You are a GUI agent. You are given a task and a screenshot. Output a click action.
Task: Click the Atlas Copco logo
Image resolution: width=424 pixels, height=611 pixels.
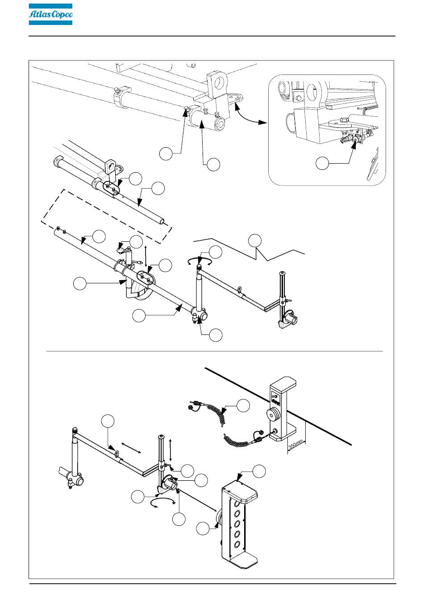click(50, 14)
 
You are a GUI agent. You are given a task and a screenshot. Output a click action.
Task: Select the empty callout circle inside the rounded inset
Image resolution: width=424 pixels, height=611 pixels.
click(322, 163)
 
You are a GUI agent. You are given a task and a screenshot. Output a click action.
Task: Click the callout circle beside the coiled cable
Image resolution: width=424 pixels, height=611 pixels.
click(243, 405)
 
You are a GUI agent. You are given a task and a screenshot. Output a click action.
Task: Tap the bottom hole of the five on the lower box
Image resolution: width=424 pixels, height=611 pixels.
click(237, 544)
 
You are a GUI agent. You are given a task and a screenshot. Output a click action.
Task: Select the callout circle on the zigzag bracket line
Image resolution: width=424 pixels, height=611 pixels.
click(255, 240)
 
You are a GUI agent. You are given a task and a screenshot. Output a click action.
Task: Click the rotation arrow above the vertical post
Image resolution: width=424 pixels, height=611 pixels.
click(200, 262)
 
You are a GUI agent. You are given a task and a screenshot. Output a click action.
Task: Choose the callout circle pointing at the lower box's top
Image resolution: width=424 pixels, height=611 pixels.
click(259, 471)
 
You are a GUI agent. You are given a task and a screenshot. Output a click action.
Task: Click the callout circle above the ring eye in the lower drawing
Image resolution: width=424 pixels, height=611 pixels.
click(108, 421)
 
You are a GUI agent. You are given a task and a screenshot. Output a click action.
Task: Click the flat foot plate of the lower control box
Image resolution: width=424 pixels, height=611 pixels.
click(244, 559)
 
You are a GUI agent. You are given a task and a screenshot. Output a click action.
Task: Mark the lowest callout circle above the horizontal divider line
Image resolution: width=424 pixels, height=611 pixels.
click(216, 335)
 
